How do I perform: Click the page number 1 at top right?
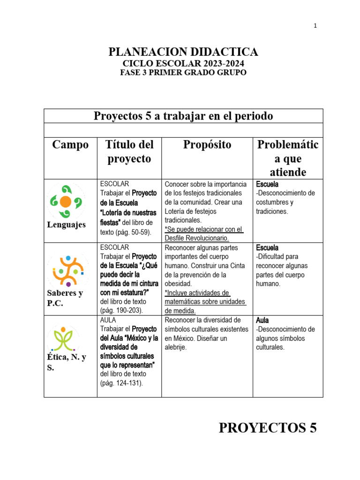coord(315,26)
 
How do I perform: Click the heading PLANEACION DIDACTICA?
coord(183,52)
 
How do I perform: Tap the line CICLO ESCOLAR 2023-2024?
coord(183,64)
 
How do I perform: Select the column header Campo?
coord(70,144)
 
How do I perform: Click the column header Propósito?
coord(207,144)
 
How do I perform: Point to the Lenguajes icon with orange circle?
coord(66,202)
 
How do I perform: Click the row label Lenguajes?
coord(67,225)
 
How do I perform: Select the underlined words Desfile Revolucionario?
coord(197,238)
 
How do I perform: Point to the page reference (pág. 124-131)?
coord(121,383)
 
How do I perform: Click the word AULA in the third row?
coord(108,320)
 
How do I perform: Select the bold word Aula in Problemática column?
coord(262,320)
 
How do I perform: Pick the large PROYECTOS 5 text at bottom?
coord(268,427)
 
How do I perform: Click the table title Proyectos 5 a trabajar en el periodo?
coord(183,116)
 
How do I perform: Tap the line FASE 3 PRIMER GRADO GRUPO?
coord(183,73)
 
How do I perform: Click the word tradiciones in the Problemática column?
coord(272,211)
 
